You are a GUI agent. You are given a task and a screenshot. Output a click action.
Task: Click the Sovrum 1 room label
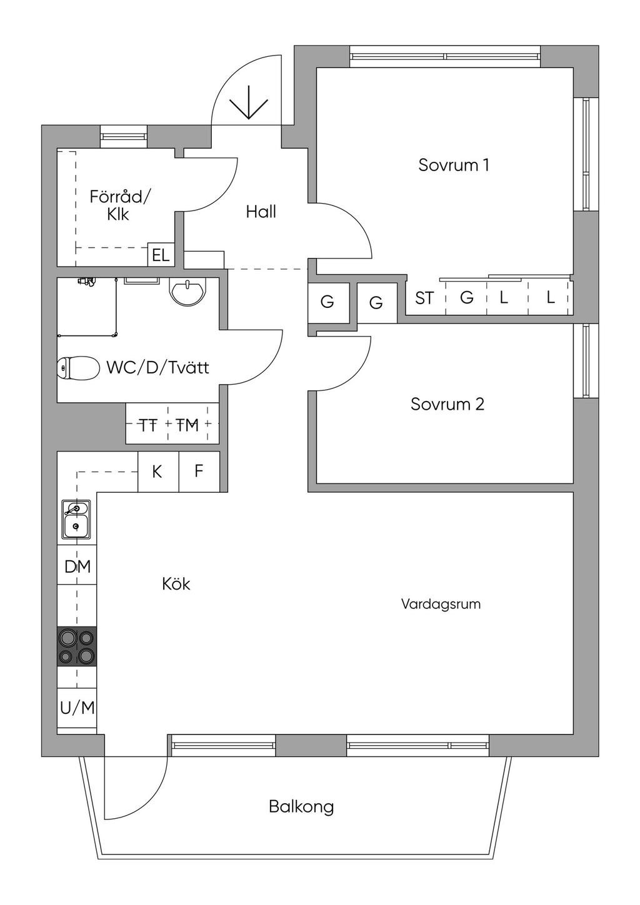[x=453, y=165]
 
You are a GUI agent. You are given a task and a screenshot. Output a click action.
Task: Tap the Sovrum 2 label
[x=447, y=404]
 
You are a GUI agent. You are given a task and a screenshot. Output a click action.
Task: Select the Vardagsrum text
[x=441, y=605]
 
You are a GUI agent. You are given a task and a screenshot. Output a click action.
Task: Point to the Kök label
[x=176, y=584]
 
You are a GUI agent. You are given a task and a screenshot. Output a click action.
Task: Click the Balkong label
[x=301, y=807]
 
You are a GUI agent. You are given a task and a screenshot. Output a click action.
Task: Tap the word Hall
[x=261, y=212]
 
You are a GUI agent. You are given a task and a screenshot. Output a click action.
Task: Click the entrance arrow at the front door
[x=249, y=102]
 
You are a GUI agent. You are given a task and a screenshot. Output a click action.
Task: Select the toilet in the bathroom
[x=78, y=368]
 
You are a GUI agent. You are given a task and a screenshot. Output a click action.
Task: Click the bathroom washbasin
[x=187, y=292]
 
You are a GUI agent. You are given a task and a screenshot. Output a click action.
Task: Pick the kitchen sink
[x=76, y=519]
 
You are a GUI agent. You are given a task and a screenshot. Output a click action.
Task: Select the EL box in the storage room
[x=161, y=255]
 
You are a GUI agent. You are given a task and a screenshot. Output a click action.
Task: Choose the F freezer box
[x=199, y=472]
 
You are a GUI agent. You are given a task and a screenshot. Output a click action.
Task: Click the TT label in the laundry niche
[x=147, y=425]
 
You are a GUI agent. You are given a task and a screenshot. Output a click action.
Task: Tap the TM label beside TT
[x=187, y=425]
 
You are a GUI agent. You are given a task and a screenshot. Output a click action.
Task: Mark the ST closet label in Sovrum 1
[x=424, y=299]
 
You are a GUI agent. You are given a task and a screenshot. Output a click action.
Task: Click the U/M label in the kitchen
[x=77, y=708]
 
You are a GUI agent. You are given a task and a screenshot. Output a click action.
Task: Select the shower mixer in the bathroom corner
[x=86, y=282]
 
